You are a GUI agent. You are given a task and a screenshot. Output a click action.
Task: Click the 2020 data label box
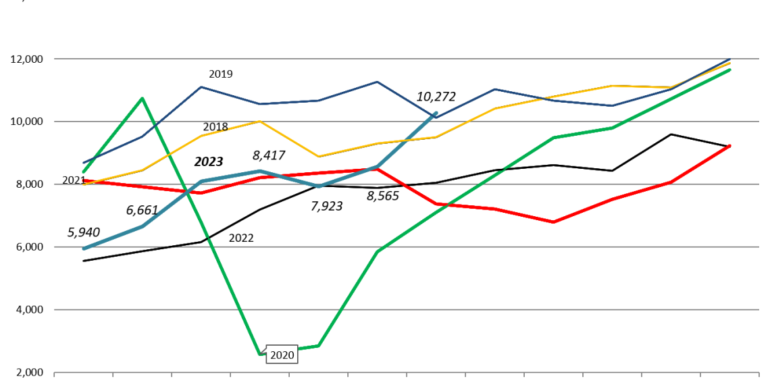(x=282, y=355)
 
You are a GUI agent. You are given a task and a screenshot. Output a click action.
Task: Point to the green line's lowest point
(x=260, y=353)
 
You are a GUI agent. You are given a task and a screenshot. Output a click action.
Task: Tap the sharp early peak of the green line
(x=142, y=99)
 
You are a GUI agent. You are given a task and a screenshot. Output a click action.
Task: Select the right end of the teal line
(x=436, y=113)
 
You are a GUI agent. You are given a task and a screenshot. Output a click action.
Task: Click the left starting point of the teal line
(x=84, y=249)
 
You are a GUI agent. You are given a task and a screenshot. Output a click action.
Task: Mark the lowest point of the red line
(x=553, y=222)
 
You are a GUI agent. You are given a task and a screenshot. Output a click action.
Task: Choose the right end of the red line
(x=729, y=145)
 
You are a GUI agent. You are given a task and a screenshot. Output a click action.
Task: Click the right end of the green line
(x=729, y=70)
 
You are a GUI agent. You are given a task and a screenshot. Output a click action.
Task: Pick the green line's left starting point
(x=84, y=172)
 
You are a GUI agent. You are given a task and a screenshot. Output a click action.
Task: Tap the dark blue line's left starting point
(x=84, y=163)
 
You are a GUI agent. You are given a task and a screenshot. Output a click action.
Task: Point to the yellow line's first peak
(x=259, y=122)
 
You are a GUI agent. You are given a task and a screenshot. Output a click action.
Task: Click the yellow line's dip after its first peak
(x=318, y=157)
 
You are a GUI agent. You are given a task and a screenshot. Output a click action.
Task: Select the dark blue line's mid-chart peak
(x=377, y=82)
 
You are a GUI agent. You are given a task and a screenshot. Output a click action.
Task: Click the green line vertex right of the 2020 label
(x=318, y=346)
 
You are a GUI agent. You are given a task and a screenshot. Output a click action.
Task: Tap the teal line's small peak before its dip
(x=259, y=171)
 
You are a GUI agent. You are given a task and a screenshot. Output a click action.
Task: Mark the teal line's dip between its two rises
(x=318, y=186)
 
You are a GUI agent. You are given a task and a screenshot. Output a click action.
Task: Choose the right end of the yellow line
(x=729, y=63)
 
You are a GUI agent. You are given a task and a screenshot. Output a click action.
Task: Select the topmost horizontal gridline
(x=405, y=59)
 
